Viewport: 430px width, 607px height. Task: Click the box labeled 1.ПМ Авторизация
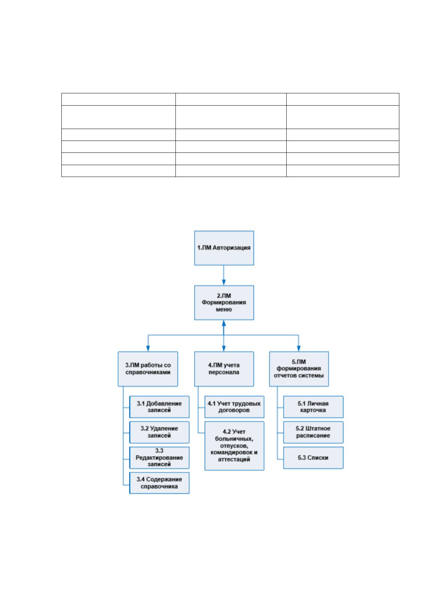tap(224, 248)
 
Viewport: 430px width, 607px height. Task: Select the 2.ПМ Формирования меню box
tap(224, 302)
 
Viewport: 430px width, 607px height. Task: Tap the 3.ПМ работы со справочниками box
tap(148, 369)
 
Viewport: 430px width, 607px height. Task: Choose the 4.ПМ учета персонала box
tap(224, 369)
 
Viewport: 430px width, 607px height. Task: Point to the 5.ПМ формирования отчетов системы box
tap(299, 369)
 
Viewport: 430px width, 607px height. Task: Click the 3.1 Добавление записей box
tap(159, 407)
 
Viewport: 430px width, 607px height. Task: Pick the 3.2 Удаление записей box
tap(159, 432)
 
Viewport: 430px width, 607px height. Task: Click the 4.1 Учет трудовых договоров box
tap(234, 407)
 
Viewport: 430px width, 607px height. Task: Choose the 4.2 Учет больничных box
tap(234, 446)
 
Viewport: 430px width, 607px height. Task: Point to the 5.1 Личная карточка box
tap(313, 407)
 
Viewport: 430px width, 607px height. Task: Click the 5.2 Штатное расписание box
tap(313, 432)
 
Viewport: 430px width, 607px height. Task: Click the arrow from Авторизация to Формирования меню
tap(224, 275)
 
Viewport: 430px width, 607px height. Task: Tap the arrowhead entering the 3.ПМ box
tap(148, 349)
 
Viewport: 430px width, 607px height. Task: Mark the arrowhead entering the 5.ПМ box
tap(299, 349)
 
